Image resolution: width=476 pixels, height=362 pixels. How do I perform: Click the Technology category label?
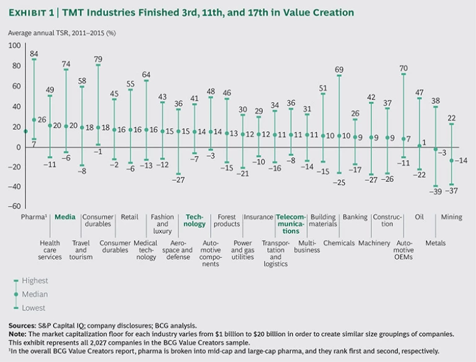click(x=195, y=221)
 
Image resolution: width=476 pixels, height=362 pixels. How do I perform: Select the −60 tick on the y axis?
click(x=13, y=206)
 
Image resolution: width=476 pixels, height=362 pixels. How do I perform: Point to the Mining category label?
click(x=451, y=217)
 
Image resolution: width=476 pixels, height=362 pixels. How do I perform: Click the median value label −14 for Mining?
click(x=461, y=160)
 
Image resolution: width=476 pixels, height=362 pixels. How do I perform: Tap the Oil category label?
click(x=420, y=217)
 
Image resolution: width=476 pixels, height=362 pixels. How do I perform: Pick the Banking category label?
click(x=355, y=217)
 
